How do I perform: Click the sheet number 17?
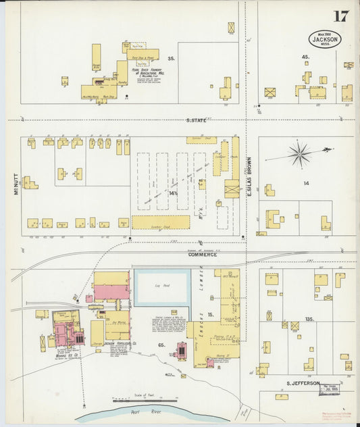(x=340, y=16)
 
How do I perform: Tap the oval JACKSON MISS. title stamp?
(x=326, y=39)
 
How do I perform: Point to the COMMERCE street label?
(x=202, y=255)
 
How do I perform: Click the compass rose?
(x=299, y=155)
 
